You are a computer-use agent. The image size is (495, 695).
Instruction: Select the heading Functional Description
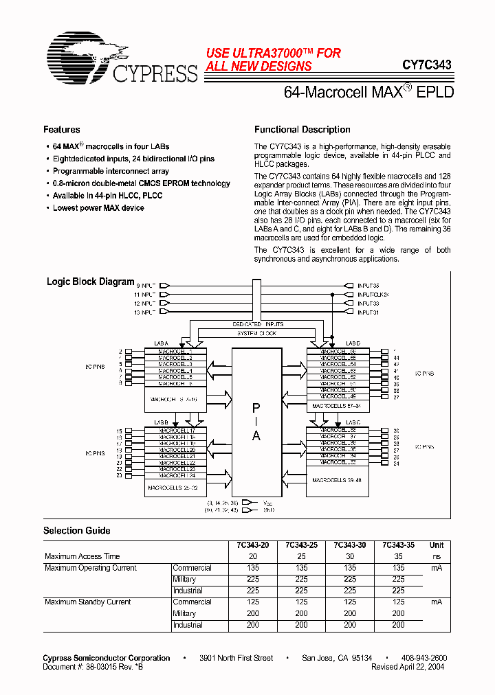302,130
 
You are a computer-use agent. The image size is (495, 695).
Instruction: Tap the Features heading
61,130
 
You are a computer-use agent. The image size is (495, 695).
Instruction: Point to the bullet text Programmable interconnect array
111,171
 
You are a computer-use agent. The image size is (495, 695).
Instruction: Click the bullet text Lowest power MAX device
98,208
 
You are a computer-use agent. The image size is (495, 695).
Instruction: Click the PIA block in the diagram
256,420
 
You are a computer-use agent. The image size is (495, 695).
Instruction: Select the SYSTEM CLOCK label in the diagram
257,333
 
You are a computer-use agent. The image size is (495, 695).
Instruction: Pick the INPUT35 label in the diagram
368,285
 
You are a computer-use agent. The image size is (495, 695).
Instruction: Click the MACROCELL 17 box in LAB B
177,431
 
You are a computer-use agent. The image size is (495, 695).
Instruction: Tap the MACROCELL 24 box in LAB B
177,475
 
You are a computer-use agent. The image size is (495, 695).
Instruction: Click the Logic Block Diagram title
90,282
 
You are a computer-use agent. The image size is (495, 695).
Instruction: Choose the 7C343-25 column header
302,545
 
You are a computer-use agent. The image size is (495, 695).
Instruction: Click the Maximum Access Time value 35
398,556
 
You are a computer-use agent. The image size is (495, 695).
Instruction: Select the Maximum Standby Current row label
87,602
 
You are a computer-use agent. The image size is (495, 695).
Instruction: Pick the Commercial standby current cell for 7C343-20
254,602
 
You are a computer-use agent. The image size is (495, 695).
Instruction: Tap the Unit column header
437,545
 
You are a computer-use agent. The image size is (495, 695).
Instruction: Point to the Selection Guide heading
76,531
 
